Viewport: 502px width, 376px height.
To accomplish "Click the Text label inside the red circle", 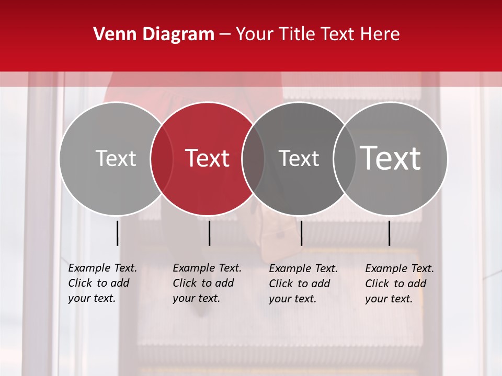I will (208, 158).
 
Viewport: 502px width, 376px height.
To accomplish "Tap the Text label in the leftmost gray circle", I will (116, 158).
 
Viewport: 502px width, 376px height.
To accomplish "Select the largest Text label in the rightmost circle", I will (391, 158).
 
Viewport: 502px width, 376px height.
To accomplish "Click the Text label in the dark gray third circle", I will (299, 158).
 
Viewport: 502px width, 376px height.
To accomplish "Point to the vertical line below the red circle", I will (209, 233).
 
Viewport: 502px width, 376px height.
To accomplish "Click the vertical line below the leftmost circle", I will (117, 233).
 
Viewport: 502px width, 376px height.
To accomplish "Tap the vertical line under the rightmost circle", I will (389, 233).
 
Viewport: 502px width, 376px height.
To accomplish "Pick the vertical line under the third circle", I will (301, 233).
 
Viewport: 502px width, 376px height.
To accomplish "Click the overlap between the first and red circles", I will (162, 158).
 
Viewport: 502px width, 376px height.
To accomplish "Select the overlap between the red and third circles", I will (253, 158).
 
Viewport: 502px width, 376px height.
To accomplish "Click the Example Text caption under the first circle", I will (102, 283).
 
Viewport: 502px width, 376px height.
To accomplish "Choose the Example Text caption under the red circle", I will (207, 283).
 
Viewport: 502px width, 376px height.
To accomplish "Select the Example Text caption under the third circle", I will (303, 284).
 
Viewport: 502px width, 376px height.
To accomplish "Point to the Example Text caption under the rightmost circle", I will (400, 284).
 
